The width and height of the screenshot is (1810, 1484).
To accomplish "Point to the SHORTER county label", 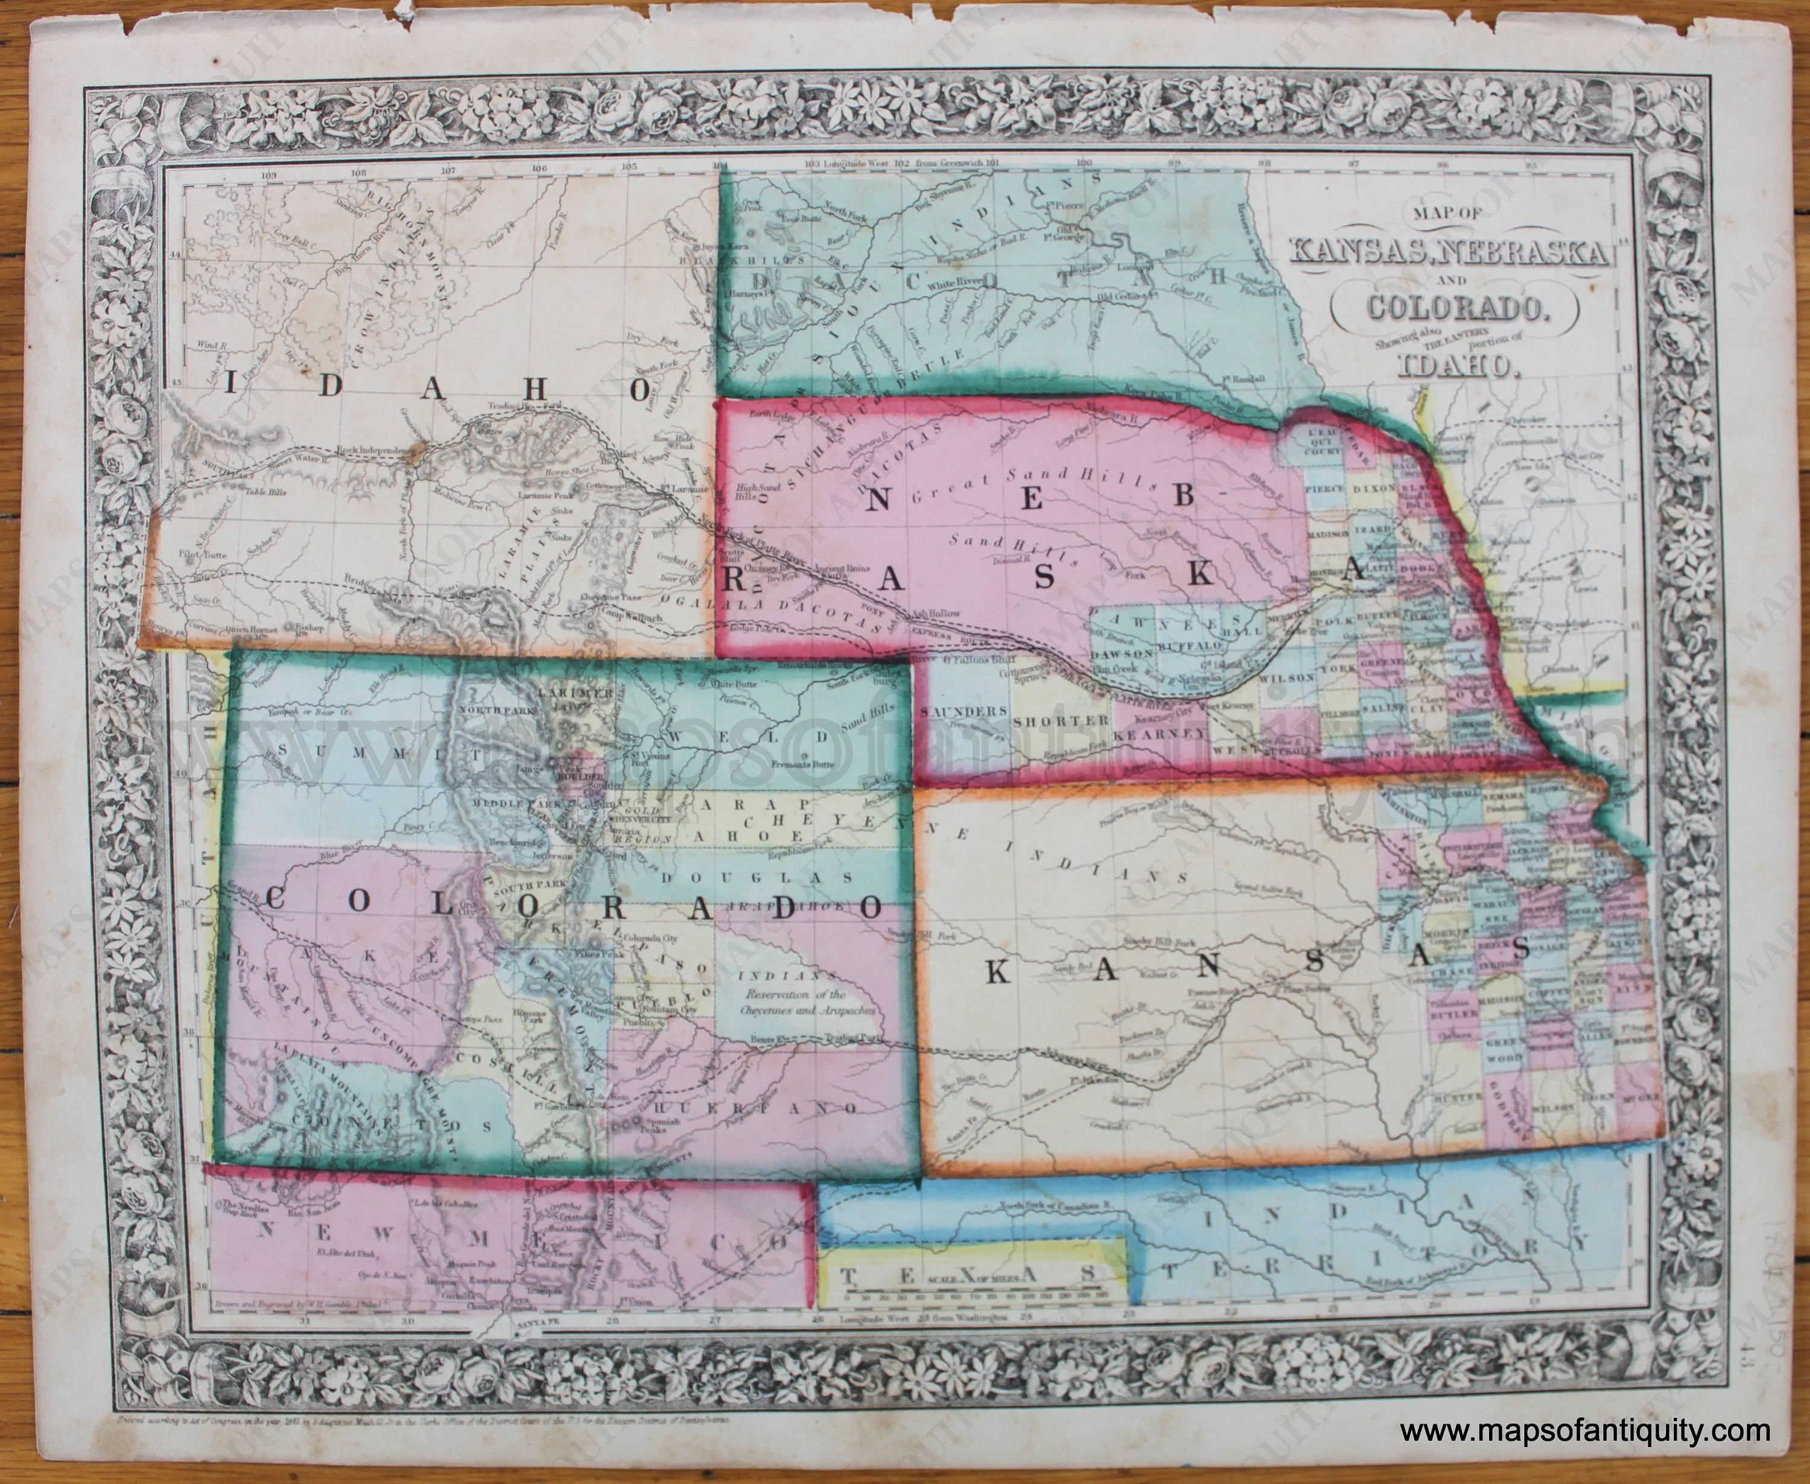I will click(x=1059, y=721).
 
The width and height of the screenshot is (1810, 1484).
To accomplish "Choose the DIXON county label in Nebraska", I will click(x=1373, y=487).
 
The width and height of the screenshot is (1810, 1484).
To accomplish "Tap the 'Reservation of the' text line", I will click(x=794, y=995).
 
